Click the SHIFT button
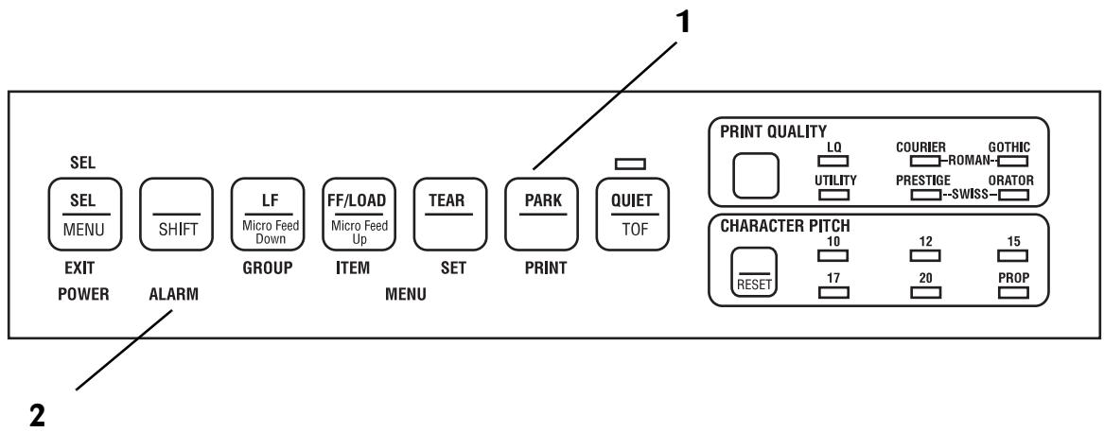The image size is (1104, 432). pos(177,214)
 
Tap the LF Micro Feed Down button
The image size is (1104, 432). pos(269,214)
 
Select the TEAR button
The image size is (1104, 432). pos(450,214)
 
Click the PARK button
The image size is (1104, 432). pos(541,214)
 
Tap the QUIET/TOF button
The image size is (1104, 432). pos(632,214)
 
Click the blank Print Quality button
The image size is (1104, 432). pos(756,175)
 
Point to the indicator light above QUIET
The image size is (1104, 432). pos(630,164)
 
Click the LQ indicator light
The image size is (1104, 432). pos(834,161)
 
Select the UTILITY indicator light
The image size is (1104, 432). pos(834,194)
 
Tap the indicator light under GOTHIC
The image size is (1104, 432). pos(1013,161)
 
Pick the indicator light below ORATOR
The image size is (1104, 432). pos(1013,194)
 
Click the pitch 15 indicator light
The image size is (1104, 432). pos(1013,255)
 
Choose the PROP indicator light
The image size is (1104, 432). pos(1013,292)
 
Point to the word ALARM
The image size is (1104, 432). pos(173,295)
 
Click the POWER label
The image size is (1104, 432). pos(83,295)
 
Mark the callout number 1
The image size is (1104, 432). pos(682,23)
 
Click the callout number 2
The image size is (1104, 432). pos(37,414)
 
